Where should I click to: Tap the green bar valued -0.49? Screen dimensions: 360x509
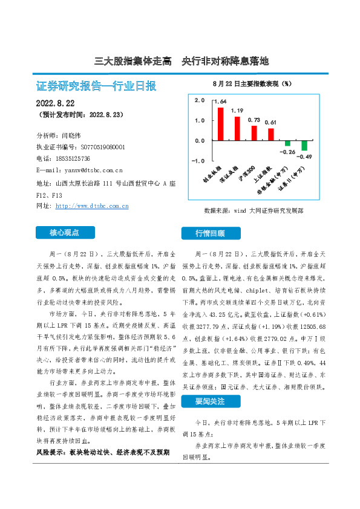pyautogui.click(x=304, y=146)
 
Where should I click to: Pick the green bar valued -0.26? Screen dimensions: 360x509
pyautogui.click(x=287, y=143)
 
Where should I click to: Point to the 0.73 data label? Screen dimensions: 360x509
pyautogui.click(x=254, y=120)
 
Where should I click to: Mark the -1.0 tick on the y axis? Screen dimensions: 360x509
pyautogui.click(x=198, y=161)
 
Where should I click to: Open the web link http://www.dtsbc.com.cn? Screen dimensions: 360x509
pyautogui.click(x=91, y=206)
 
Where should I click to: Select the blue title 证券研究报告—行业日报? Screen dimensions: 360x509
pyautogui.click(x=97, y=86)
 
